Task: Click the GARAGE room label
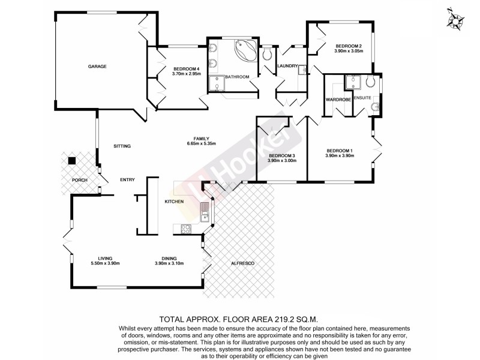click(x=97, y=67)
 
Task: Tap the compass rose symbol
click(x=457, y=19)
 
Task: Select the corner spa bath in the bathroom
click(x=244, y=49)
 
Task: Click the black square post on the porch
click(x=72, y=160)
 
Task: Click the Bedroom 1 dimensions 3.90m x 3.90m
click(x=340, y=155)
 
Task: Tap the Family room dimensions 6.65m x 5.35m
click(x=201, y=143)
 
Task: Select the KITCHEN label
click(x=174, y=202)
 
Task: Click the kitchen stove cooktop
click(x=186, y=228)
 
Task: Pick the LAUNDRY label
click(x=287, y=66)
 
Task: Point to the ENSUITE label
click(x=363, y=98)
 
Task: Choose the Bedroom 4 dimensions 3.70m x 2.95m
click(x=185, y=74)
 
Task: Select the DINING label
click(x=169, y=258)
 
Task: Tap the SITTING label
click(x=122, y=146)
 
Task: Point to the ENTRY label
click(x=127, y=180)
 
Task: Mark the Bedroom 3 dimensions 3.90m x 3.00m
click(x=282, y=160)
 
